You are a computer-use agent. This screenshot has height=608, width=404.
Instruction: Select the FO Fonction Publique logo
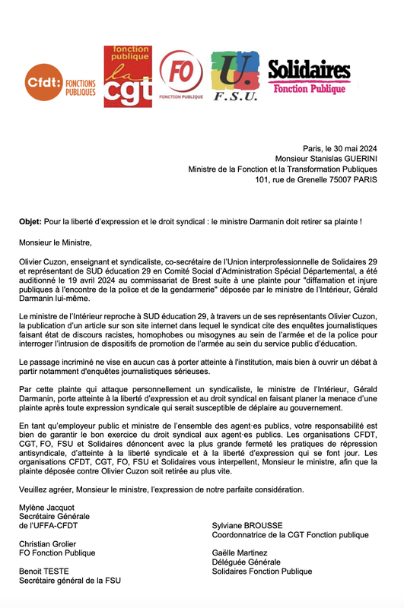pyautogui.click(x=180, y=75)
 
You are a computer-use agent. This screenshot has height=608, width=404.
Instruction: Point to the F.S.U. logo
pyautogui.click(x=235, y=76)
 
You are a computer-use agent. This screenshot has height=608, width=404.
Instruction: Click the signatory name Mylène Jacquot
pyautogui.click(x=47, y=507)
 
